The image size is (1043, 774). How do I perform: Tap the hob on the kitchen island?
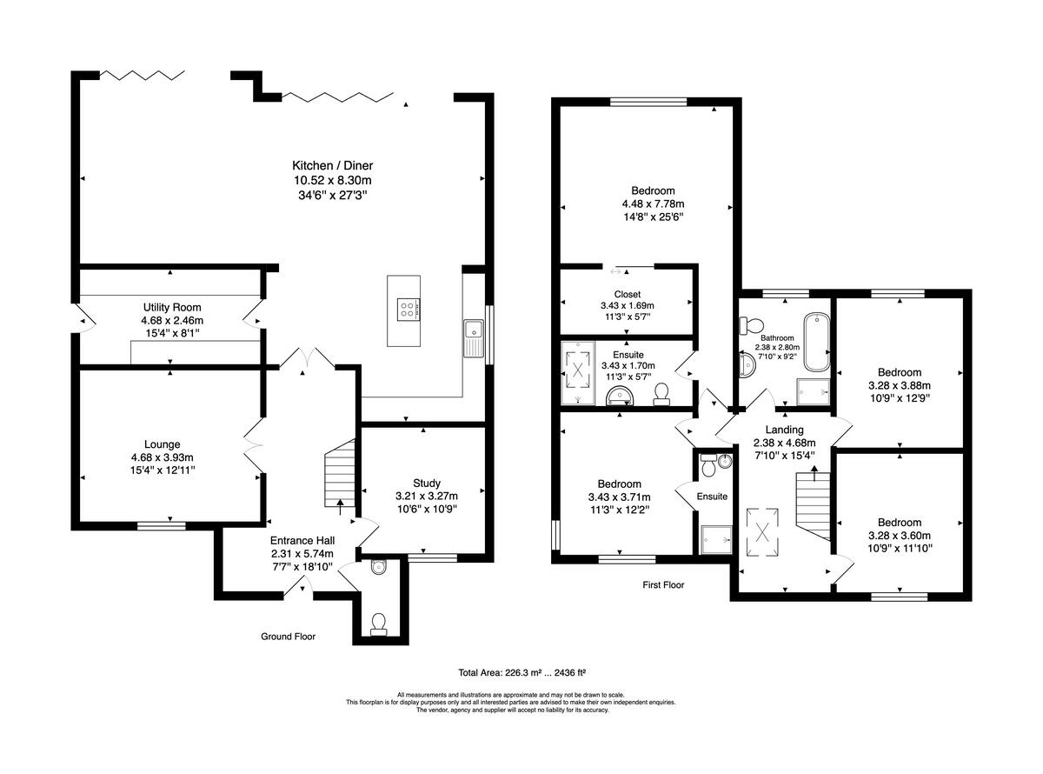[407, 308]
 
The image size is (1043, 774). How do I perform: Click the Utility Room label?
[172, 308]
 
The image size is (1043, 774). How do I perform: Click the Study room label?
[427, 484]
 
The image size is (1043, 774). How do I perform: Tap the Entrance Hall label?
[302, 540]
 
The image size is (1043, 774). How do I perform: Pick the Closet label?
[627, 294]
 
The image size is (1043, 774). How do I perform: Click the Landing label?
[784, 430]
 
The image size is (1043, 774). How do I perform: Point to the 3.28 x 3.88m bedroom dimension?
[899, 386]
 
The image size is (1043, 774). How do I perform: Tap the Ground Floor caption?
[288, 637]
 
